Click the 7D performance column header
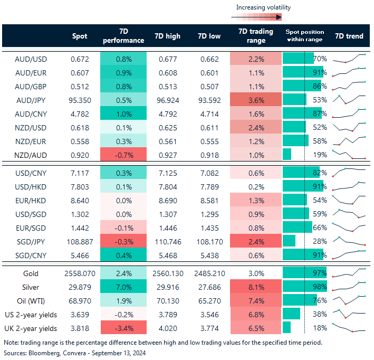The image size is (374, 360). tap(122, 36)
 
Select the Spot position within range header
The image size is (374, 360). tap(304, 36)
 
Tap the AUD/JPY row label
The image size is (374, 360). tap(30, 99)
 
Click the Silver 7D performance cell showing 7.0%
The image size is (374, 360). tap(122, 287)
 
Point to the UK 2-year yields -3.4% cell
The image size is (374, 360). tap(122, 328)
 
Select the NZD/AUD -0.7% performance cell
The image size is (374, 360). tap(122, 154)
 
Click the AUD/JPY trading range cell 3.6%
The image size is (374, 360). tap(256, 99)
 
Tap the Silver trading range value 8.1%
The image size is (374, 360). tap(256, 287)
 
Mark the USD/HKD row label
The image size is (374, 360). tap(30, 186)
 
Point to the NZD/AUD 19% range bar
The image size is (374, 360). tap(287, 154)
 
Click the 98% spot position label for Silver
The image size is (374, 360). tap(320, 287)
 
